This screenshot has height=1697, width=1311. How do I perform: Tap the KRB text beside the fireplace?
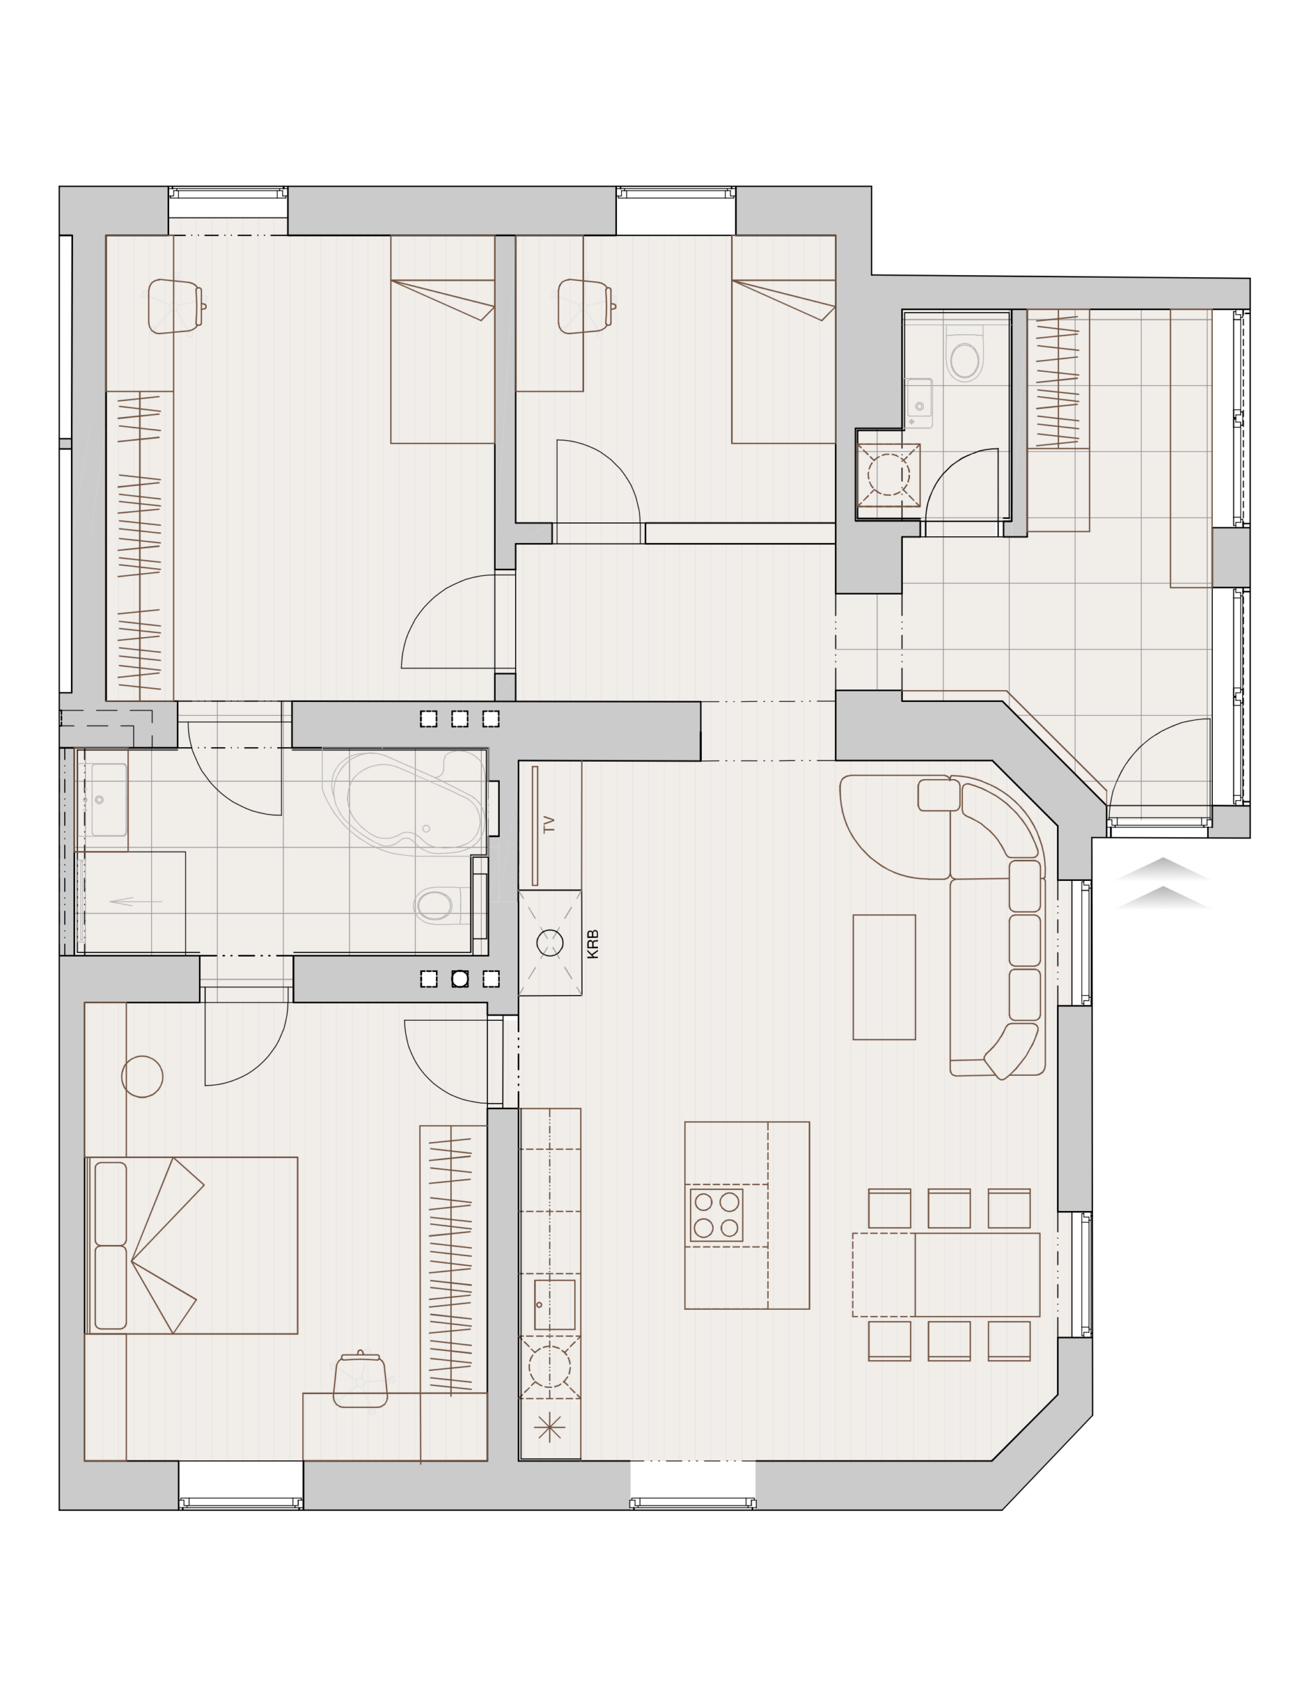pyautogui.click(x=593, y=944)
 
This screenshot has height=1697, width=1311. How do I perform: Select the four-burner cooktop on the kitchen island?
pyautogui.click(x=716, y=1214)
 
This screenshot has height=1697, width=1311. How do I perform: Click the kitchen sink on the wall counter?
pyautogui.click(x=554, y=1305)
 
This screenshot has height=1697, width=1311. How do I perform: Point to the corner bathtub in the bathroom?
pyautogui.click(x=406, y=802)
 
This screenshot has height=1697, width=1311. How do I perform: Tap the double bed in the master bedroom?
pyautogui.click(x=191, y=1245)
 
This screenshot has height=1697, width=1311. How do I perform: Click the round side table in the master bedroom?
pyautogui.click(x=142, y=1076)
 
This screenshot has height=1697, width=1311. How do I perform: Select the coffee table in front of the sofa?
pyautogui.click(x=883, y=976)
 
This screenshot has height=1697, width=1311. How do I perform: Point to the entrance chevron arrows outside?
pyautogui.click(x=1162, y=883)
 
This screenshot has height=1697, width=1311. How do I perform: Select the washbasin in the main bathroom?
pyautogui.click(x=109, y=799)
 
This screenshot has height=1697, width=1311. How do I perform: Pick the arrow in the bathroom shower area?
pyautogui.click(x=136, y=902)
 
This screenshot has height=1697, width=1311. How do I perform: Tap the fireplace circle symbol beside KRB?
pyautogui.click(x=549, y=943)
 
